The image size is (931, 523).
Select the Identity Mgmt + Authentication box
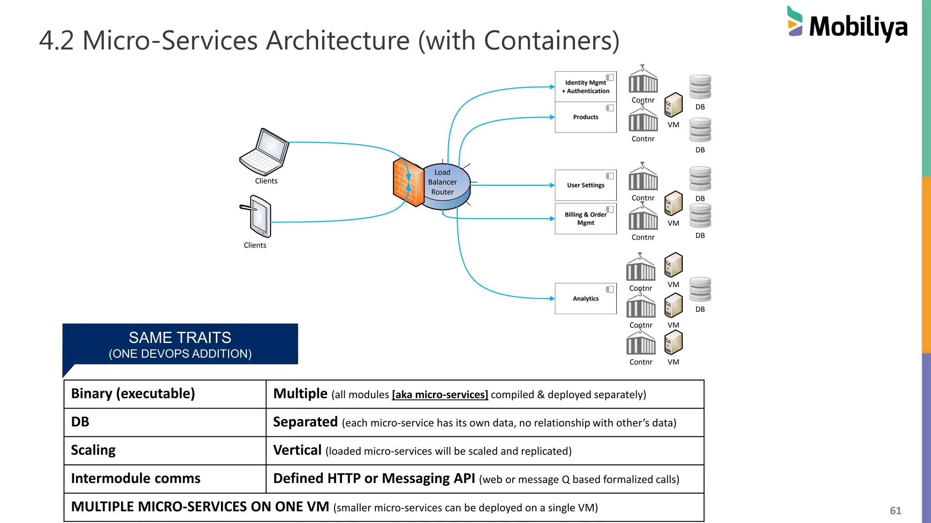(x=586, y=87)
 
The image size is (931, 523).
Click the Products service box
(x=586, y=117)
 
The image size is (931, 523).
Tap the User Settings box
(x=586, y=185)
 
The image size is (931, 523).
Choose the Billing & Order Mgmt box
(x=586, y=218)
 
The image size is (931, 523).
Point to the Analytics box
(x=586, y=298)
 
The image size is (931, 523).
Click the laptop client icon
(x=265, y=152)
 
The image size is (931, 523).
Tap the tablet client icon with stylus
(x=258, y=217)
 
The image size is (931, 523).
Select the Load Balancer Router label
(x=442, y=182)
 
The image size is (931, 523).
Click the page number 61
(x=895, y=511)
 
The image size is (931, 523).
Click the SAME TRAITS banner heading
(x=180, y=338)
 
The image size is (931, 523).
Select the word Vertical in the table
(x=297, y=450)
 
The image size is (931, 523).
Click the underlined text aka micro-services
(x=440, y=395)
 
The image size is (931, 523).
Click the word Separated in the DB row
(x=305, y=422)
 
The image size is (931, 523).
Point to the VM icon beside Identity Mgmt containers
(x=673, y=105)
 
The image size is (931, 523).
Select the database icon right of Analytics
(x=700, y=290)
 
